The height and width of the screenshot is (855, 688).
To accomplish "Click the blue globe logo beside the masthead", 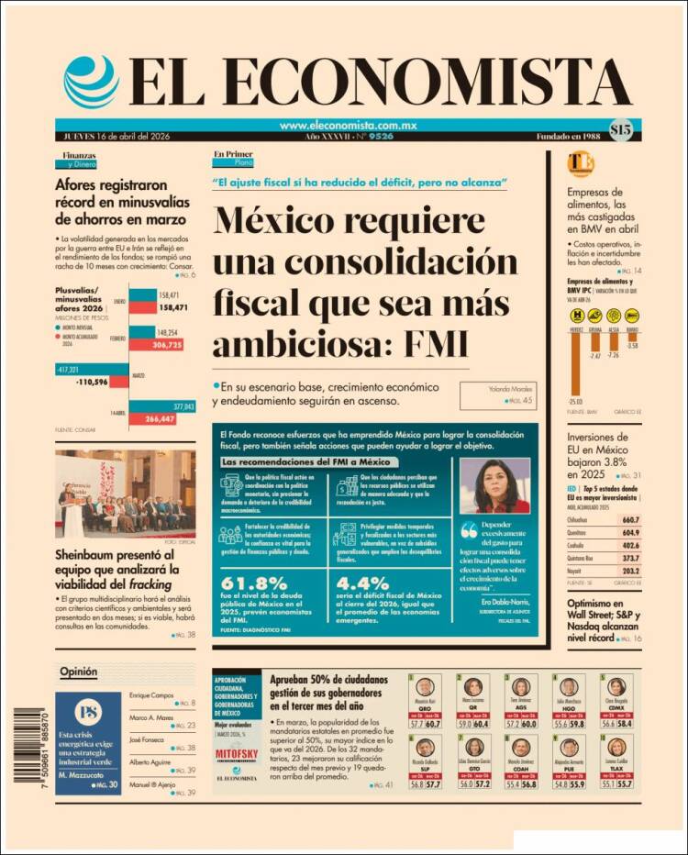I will click(x=90, y=82).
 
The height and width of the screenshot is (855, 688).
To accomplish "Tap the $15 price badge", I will click(x=619, y=131).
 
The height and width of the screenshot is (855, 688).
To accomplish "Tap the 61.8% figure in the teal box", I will click(x=254, y=582).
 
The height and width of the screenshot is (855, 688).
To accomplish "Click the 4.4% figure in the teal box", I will click(x=363, y=582).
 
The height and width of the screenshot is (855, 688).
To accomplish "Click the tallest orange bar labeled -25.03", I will click(x=575, y=365).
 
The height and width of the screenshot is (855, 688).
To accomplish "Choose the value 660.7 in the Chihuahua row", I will click(x=629, y=519).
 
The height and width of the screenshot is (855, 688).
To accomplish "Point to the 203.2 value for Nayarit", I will click(x=629, y=569).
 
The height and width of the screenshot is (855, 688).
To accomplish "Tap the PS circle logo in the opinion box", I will click(x=88, y=711).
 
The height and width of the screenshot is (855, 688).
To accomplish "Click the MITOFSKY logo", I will click(x=236, y=754).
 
